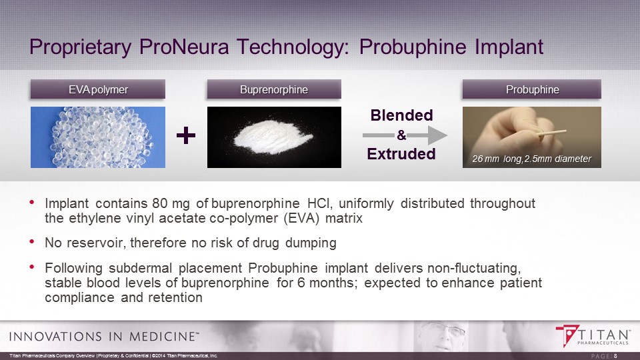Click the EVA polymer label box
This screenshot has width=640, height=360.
(x=98, y=89)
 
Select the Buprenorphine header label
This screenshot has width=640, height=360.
(x=274, y=89)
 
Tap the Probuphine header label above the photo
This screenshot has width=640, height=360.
(x=532, y=89)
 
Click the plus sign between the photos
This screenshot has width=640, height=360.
(x=186, y=135)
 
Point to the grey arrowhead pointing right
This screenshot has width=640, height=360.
(x=437, y=135)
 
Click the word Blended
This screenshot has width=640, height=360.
(x=401, y=115)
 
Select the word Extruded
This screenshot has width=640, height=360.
(x=401, y=154)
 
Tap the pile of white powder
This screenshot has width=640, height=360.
(x=273, y=137)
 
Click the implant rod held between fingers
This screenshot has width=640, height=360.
(x=552, y=132)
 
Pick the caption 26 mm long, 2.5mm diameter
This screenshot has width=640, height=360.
(x=531, y=159)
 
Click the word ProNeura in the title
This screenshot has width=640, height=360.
(x=184, y=47)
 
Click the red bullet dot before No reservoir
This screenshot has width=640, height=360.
(x=32, y=241)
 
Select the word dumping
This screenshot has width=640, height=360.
(x=311, y=243)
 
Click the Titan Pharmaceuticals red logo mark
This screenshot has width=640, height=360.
(x=567, y=335)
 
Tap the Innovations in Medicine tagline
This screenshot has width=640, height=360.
(x=104, y=336)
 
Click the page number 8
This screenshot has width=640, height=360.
(x=615, y=356)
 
